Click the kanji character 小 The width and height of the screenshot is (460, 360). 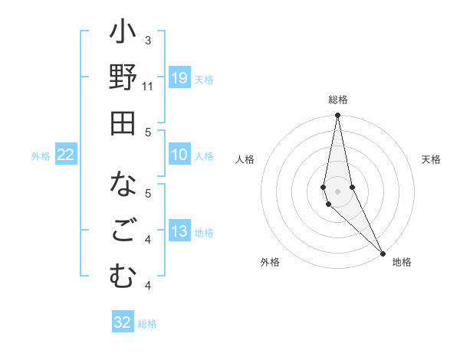[123, 34]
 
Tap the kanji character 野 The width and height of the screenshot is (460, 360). [123, 79]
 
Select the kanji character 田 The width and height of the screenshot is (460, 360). [123, 123]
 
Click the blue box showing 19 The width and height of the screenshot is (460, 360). [179, 78]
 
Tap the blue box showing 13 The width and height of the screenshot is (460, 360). [179, 232]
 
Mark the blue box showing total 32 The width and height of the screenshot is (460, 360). [123, 322]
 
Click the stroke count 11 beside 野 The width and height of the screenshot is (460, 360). [148, 86]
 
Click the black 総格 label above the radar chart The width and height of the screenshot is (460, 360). [338, 100]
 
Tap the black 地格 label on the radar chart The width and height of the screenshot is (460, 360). [402, 262]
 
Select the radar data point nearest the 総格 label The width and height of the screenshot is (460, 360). [338, 116]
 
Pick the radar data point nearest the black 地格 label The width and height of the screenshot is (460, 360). [383, 253]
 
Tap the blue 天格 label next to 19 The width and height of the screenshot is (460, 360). [204, 80]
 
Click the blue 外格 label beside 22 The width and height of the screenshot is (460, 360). [41, 156]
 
